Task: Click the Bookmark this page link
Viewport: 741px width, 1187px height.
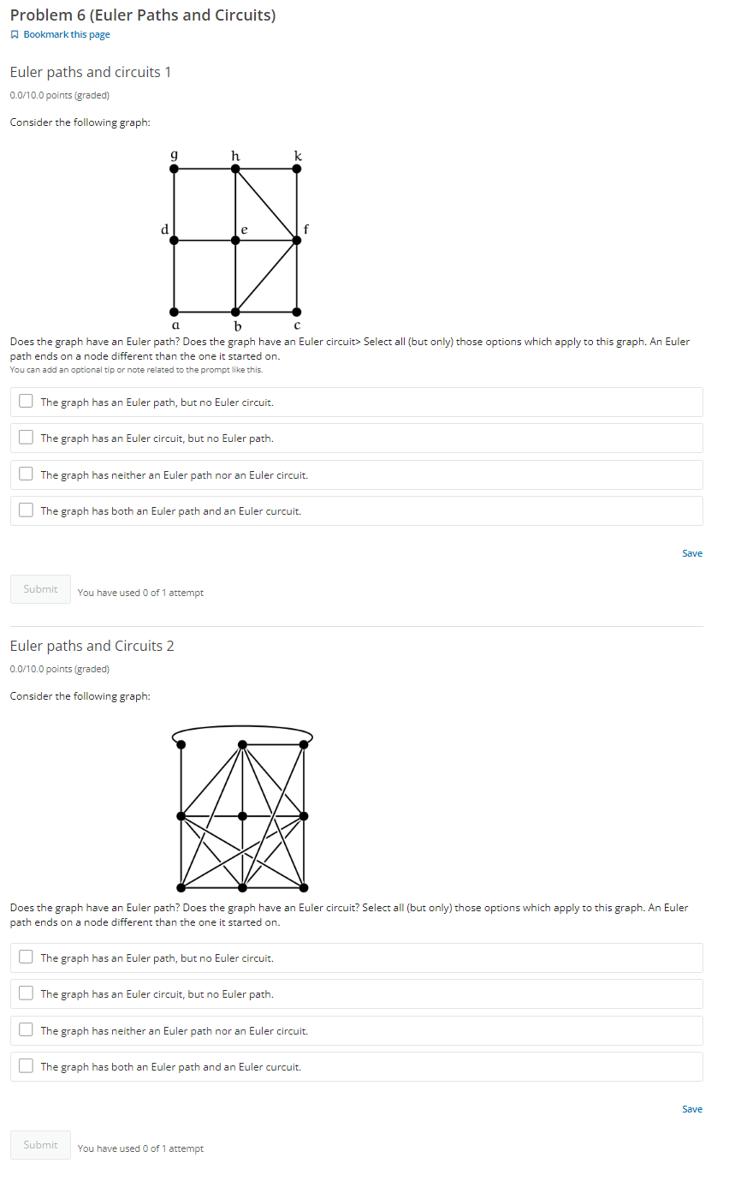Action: coord(66,34)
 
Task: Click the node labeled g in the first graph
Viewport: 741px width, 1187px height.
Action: coord(175,169)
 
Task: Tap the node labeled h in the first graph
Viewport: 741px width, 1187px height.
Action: coord(235,169)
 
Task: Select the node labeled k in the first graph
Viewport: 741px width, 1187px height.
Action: coord(297,169)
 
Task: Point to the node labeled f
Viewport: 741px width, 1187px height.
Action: coord(297,241)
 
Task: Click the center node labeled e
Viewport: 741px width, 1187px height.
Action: coord(235,241)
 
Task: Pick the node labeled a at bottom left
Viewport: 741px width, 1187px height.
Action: coord(175,312)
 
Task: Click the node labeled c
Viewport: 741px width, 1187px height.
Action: coord(297,312)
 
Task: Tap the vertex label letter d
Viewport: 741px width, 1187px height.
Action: coord(164,229)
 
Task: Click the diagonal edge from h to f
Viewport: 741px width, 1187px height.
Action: coord(266,205)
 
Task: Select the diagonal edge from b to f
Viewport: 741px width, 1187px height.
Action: coord(266,277)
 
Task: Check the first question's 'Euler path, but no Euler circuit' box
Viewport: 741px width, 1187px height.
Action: coord(27,401)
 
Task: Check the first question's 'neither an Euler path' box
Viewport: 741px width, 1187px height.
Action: coord(27,474)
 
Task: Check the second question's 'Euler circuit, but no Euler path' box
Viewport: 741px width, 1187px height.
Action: coord(27,993)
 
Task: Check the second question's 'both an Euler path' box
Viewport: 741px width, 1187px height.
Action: coord(27,1066)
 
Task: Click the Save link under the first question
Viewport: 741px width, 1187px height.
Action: coord(691,553)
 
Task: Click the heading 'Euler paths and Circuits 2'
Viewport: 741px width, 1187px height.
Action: coord(92,646)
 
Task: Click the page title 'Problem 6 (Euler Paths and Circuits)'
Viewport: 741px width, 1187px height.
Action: coord(142,15)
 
